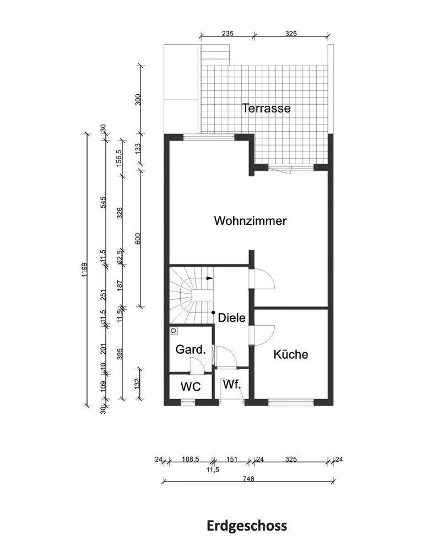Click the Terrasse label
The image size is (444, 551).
267,109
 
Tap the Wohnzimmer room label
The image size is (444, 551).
251,222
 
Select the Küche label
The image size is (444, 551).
291,354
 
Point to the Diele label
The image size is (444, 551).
231,317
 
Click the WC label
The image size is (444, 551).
191,387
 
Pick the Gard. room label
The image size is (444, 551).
191,349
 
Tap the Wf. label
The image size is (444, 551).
232,385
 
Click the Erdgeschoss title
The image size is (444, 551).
247,525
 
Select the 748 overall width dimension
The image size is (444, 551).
248,479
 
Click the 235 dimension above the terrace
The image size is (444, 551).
228,34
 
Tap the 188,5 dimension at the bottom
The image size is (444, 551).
190,459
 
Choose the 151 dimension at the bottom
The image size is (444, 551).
232,459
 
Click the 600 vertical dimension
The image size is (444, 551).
138,239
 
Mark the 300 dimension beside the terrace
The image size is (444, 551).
138,99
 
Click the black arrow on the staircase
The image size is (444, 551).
209,278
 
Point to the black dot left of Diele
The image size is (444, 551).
213,312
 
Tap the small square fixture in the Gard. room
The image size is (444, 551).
174,331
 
